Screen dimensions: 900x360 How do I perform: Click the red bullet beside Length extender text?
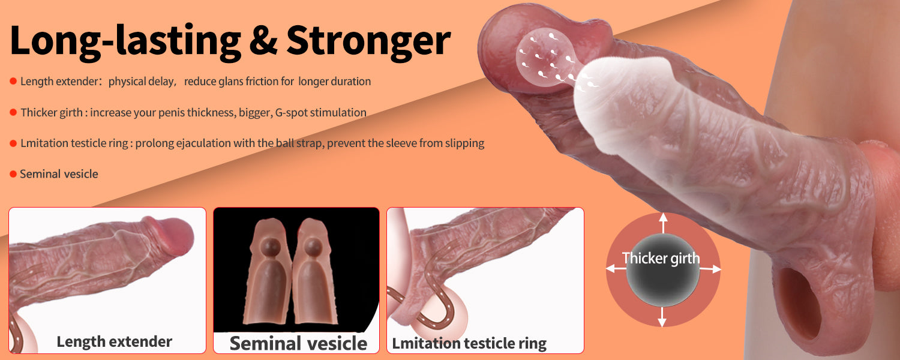click(13, 81)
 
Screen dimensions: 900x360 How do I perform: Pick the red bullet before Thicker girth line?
click(13, 112)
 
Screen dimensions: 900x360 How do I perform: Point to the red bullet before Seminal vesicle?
click(13, 174)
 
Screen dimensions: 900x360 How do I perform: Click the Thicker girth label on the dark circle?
click(661, 259)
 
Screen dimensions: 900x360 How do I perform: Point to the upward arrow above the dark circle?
click(663, 223)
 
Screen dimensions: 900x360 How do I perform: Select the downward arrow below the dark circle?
click(662, 317)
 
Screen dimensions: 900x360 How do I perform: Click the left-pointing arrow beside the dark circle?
click(616, 268)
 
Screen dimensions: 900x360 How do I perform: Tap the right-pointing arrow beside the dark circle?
click(710, 269)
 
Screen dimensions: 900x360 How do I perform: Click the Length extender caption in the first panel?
click(115, 342)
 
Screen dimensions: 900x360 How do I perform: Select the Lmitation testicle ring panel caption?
click(469, 344)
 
